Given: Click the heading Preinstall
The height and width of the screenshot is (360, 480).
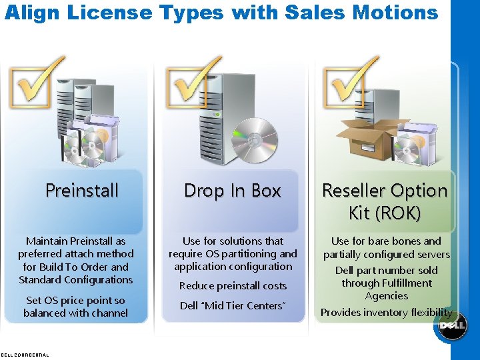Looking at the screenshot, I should click(82, 191).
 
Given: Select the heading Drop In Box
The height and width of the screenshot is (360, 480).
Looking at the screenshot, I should click(232, 191).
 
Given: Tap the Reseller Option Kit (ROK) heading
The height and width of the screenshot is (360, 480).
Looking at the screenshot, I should click(385, 201).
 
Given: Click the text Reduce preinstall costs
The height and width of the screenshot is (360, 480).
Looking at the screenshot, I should click(233, 286).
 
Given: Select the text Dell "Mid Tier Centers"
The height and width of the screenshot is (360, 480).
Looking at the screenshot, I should click(233, 306).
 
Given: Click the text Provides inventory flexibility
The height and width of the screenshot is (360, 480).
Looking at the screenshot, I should click(386, 313).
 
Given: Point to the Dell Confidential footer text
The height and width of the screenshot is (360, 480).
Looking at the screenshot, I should click(25, 355).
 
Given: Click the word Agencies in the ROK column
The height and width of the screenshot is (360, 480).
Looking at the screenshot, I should click(386, 296).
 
